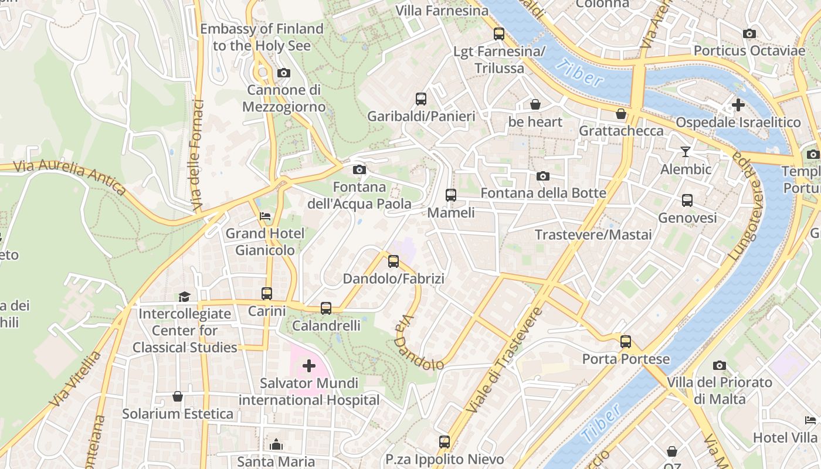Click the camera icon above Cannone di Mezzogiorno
[284, 73]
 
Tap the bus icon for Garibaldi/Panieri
[421, 99]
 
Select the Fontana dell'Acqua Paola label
[359, 196]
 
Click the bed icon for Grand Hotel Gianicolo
[266, 216]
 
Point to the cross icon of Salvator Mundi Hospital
[309, 366]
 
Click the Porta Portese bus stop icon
[626, 342]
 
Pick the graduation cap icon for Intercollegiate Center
[185, 297]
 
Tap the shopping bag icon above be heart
[535, 105]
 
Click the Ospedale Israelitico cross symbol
[738, 106]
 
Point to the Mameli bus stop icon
[450, 195]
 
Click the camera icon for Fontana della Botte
[543, 176]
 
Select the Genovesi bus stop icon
[687, 200]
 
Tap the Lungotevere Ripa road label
[748, 206]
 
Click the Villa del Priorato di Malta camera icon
[720, 366]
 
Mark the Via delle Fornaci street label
[198, 155]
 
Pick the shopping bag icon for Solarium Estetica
[178, 397]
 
